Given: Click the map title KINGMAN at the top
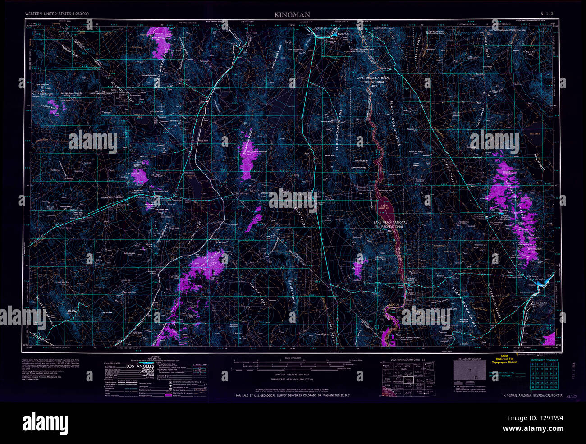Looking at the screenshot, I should point(292,14).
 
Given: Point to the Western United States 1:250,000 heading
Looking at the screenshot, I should point(57,14).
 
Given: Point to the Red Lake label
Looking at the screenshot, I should point(535,134).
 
